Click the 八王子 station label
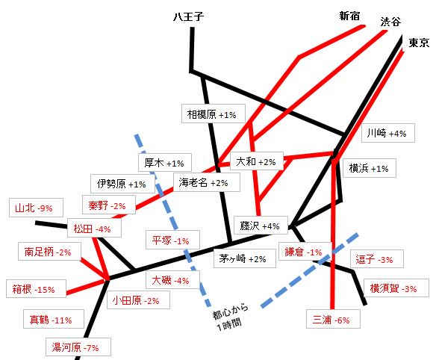coord(189,16)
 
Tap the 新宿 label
coord(349,16)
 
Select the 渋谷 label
coord(390,22)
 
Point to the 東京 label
coord(419,43)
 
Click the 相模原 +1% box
coord(214,114)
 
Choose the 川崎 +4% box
coord(388,133)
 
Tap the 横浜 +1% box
coord(370,168)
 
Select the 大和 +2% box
coord(257,161)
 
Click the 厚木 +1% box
coord(165,163)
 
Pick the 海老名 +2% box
coord(207,182)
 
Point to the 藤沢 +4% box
coord(261,226)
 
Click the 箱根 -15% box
coord(36,289)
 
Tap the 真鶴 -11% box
coord(54,319)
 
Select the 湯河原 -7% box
coord(78,347)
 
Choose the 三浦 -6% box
coord(334,319)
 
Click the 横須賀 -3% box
coord(396,288)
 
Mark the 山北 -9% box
coord(36,208)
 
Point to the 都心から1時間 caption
coord(230,317)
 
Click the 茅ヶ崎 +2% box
coord(245,258)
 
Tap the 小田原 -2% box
coord(138,300)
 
